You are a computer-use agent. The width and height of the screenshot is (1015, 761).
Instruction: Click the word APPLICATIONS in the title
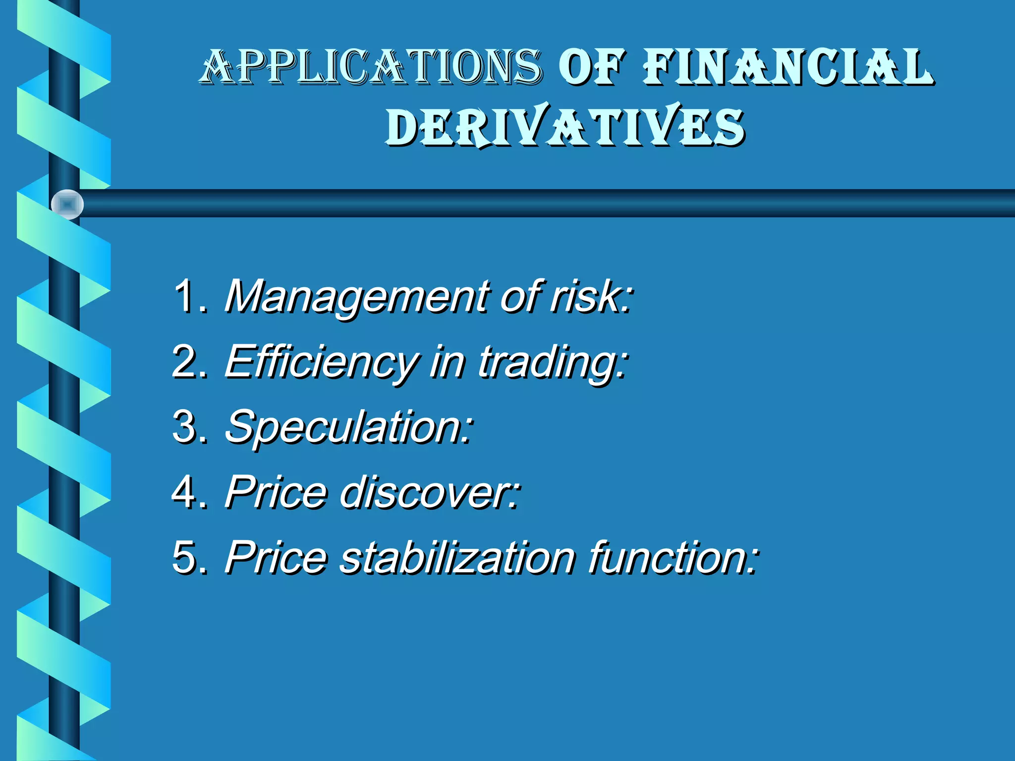(x=372, y=67)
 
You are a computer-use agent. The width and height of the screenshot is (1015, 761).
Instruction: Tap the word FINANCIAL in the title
(x=788, y=67)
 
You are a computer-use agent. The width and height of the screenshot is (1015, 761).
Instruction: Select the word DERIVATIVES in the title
(x=565, y=126)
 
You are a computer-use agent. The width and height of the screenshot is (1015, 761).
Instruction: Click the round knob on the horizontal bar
(x=67, y=204)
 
